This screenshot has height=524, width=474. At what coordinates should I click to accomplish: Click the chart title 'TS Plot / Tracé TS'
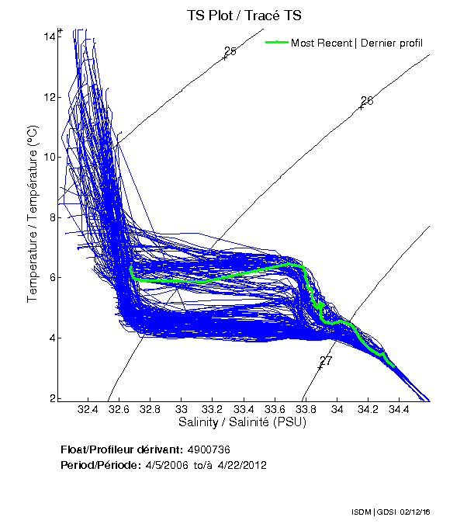pyautogui.click(x=244, y=15)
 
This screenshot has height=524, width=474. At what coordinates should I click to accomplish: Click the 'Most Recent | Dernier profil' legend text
pyautogui.click(x=357, y=43)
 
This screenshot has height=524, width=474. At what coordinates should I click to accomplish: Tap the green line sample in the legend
pyautogui.click(x=276, y=43)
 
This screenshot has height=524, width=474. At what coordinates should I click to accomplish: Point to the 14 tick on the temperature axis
pyautogui.click(x=48, y=36)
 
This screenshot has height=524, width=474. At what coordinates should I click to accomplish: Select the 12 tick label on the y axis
pyautogui.click(x=48, y=97)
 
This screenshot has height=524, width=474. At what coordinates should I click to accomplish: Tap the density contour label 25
pyautogui.click(x=230, y=52)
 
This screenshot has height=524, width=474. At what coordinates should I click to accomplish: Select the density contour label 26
pyautogui.click(x=367, y=101)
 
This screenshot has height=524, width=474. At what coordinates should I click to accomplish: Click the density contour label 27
pyautogui.click(x=326, y=361)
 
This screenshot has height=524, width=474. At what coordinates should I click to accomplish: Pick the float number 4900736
pyautogui.click(x=209, y=449)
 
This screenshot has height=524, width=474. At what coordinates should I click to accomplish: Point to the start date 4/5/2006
pyautogui.click(x=168, y=465)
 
